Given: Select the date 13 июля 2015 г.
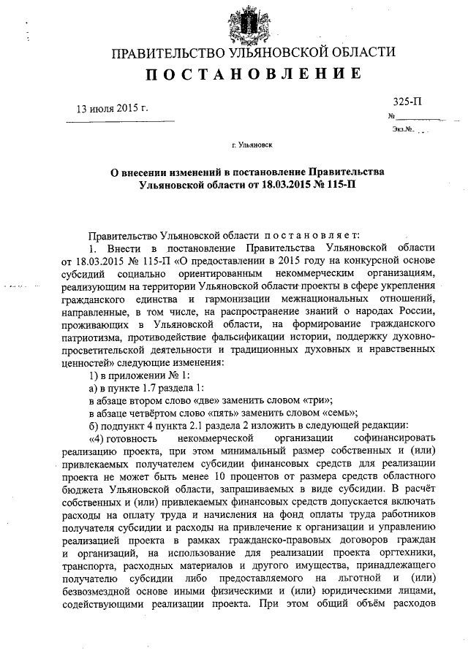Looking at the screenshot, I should pos(113,109).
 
